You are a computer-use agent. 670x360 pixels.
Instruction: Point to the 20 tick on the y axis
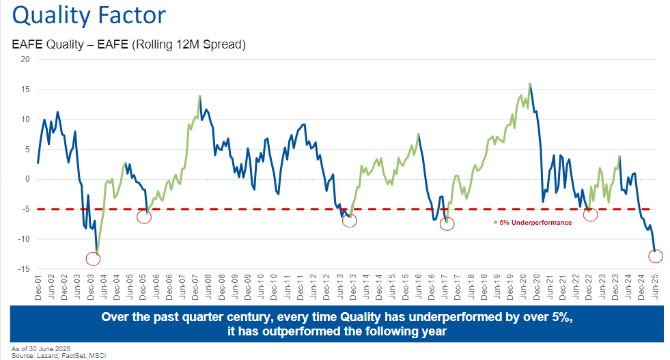25,59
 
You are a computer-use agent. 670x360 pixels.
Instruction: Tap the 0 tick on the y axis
27,180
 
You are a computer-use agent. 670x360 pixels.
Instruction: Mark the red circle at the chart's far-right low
656,256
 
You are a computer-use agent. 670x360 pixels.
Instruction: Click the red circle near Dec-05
144,217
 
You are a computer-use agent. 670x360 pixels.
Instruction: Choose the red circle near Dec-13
349,220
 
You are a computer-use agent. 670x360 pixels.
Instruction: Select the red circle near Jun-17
447,223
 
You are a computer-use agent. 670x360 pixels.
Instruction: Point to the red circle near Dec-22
591,214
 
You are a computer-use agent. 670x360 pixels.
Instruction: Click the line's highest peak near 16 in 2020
530,84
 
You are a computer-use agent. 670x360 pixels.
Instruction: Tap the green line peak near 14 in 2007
199,96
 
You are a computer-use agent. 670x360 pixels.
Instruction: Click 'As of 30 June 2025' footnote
41,348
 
